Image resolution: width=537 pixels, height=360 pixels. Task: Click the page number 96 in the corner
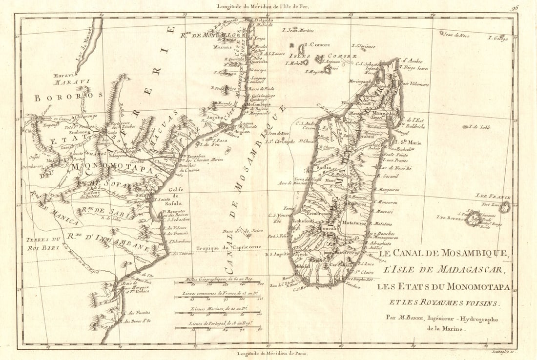point(516,7)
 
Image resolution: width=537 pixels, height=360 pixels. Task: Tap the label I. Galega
point(498,38)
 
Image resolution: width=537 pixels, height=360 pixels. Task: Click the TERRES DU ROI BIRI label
point(44,243)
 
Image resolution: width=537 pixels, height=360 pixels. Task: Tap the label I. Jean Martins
point(299,30)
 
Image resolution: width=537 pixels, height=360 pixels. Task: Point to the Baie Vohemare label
point(414,84)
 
